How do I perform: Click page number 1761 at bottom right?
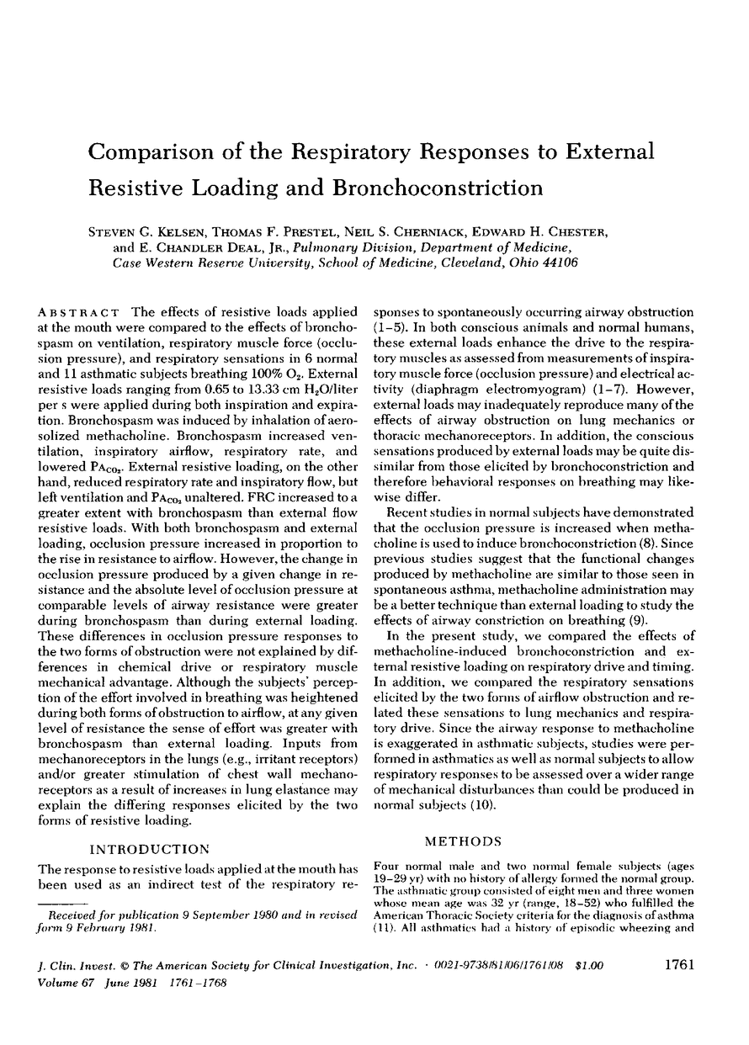pos(674,967)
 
